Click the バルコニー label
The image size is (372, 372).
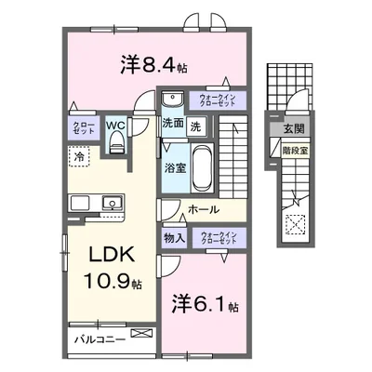pyautogui.click(x=97, y=339)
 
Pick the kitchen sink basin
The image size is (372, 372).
pyautogui.click(x=113, y=200)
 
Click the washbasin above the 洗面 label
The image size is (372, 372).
pyautogui.click(x=171, y=100)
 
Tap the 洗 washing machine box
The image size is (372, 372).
pyautogui.click(x=195, y=126)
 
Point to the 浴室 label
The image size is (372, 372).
pyautogui.click(x=175, y=168)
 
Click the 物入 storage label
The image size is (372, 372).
pyautogui.click(x=174, y=237)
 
